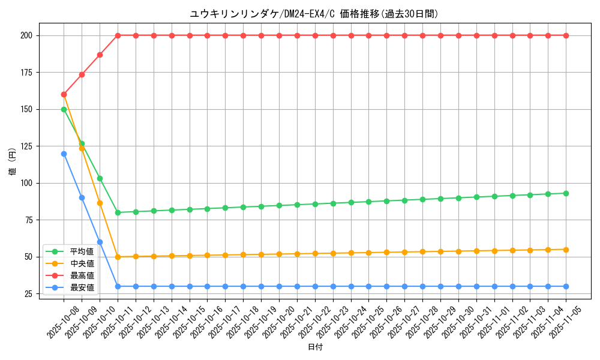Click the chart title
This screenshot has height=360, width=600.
coord(314,14)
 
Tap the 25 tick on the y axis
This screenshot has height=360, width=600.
coord(28,294)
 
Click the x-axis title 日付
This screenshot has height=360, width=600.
coord(315,347)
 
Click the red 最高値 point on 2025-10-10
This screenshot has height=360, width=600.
coord(100,55)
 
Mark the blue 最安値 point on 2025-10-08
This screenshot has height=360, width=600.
coord(64,154)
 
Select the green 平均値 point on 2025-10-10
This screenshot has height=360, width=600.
coord(100,178)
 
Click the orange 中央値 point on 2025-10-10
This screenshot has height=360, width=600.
coord(100,203)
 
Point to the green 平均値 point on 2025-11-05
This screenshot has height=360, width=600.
coord(566,193)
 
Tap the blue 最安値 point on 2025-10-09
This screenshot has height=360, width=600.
coord(82,197)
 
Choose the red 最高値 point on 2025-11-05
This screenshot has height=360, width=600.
coord(566,35)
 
